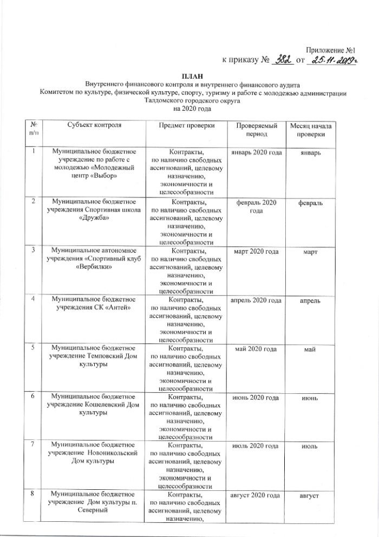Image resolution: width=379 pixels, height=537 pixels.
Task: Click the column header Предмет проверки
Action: pyautogui.click(x=187, y=126)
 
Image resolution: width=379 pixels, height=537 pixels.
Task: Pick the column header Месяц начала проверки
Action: pyautogui.click(x=313, y=130)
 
